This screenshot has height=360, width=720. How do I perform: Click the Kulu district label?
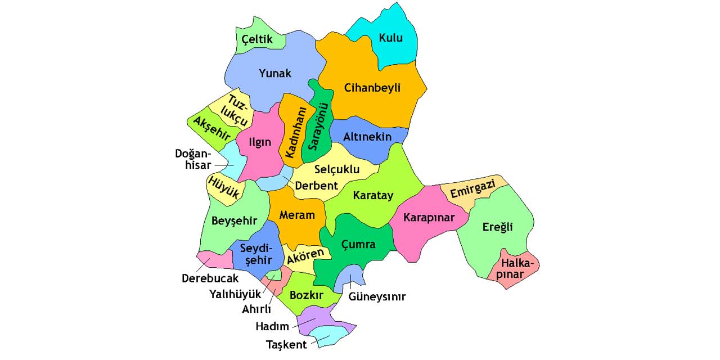click(x=390, y=38)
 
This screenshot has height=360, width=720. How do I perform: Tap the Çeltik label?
click(x=257, y=39)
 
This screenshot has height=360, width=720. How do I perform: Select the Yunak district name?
click(x=274, y=73)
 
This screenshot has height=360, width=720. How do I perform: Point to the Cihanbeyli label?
click(x=372, y=88)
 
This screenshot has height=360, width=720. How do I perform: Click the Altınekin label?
click(x=368, y=136)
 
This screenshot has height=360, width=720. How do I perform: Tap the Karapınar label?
click(x=429, y=218)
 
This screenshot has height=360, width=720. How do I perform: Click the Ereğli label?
click(x=497, y=227)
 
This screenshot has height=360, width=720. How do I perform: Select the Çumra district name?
click(x=358, y=245)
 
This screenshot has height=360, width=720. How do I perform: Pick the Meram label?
click(x=296, y=215)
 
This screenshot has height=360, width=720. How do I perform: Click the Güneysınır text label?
click(x=377, y=296)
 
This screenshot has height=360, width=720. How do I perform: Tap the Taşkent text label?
click(x=286, y=345)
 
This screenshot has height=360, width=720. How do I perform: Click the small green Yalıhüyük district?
click(x=274, y=274)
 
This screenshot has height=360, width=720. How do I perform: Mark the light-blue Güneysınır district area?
click(x=352, y=274)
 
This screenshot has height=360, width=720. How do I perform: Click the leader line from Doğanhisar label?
click(x=223, y=165)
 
